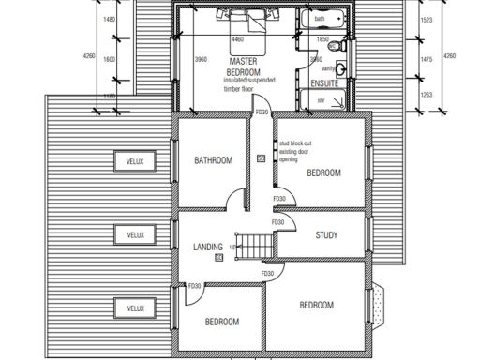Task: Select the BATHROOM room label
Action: click(213, 160)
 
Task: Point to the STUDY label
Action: click(326, 235)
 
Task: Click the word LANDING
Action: click(207, 247)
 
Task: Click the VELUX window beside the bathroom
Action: click(136, 161)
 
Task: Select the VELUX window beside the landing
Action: click(136, 234)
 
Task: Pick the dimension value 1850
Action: click(322, 40)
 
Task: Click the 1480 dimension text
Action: click(110, 19)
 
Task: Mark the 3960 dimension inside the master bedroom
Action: click(201, 59)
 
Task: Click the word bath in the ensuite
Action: click(321, 18)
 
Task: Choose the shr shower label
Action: click(321, 98)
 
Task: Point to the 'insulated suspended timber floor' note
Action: click(249, 86)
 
